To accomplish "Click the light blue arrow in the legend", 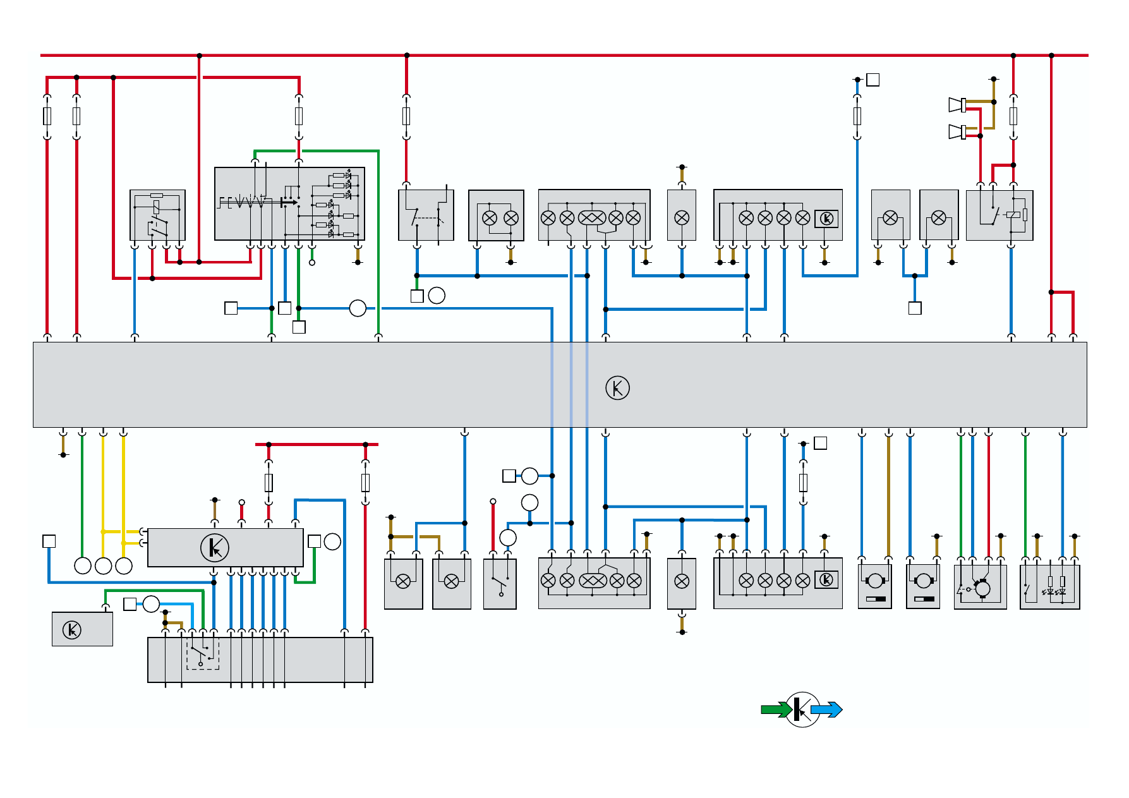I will point(826,710).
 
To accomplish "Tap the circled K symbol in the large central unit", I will point(617,388).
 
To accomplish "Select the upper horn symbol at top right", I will point(957,105).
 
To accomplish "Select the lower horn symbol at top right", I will point(957,131).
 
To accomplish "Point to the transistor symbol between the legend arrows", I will point(802,710).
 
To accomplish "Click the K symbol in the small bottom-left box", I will point(72,630).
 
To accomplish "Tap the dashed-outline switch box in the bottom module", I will point(202,652).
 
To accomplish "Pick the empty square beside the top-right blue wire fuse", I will point(872,80).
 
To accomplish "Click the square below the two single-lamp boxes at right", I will point(915,308).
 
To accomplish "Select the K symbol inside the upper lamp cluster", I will point(826,219).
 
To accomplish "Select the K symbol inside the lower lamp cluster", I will point(826,579).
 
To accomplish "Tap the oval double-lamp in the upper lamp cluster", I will point(592,218).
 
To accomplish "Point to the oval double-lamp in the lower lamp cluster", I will point(592,581).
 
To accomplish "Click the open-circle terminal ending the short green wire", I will point(311,262).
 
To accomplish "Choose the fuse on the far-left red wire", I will point(47,116).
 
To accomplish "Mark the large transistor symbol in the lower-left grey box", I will point(215,547).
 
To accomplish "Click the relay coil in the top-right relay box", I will point(1013,215).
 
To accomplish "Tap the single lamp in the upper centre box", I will point(682,218).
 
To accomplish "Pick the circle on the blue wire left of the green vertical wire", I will point(358,308).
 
